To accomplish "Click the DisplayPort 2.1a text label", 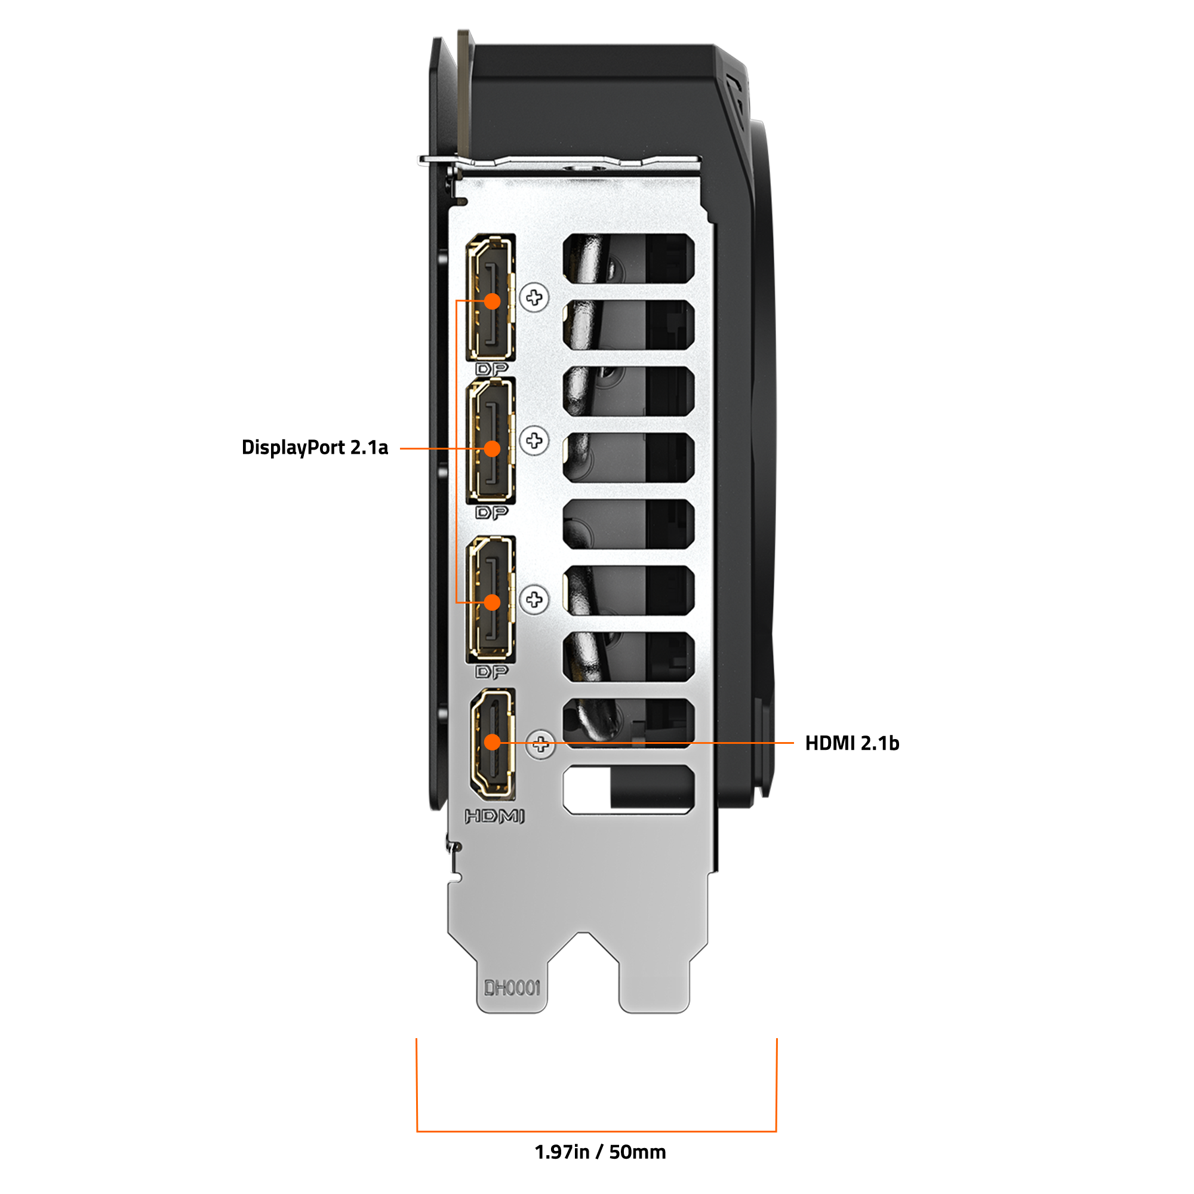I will click(x=315, y=447).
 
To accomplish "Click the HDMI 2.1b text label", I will click(x=852, y=743).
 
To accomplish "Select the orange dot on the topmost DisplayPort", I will click(x=492, y=301).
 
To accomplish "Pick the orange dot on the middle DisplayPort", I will click(x=492, y=449).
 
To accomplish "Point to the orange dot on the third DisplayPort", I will click(x=492, y=602).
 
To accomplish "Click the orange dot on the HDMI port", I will click(x=492, y=742).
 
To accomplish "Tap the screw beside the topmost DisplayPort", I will click(x=534, y=298).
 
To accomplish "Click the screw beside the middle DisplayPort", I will click(x=534, y=441).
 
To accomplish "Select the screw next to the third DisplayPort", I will click(x=534, y=599).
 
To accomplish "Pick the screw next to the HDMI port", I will click(x=541, y=744).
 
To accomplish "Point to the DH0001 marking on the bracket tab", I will click(x=512, y=987).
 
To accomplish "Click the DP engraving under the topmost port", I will click(x=491, y=369).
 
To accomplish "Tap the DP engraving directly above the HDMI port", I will click(x=491, y=672).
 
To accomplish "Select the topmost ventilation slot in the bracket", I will click(x=629, y=259).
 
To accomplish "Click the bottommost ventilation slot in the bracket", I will click(x=629, y=789).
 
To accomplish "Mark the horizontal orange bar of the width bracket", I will click(x=596, y=1131).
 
